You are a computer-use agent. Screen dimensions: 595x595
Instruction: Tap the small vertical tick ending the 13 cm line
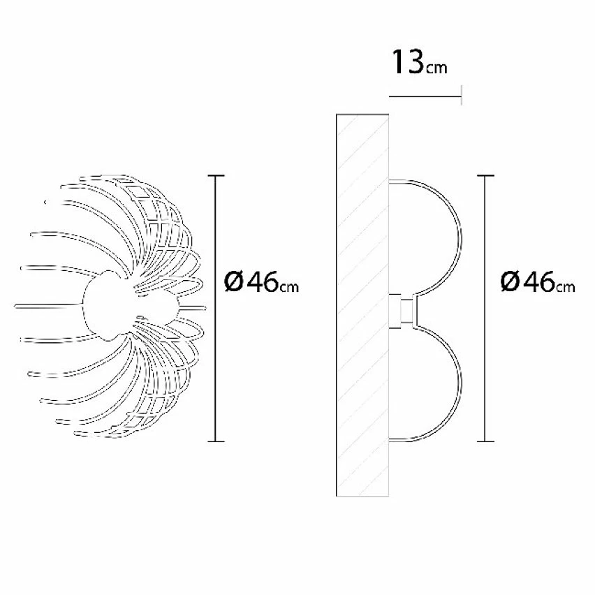pos(462,95)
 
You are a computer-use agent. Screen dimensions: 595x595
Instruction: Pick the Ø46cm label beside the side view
pos(538,282)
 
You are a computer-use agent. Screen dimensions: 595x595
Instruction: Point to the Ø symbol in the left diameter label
pos(234,282)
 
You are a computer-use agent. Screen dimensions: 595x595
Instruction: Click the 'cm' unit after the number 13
pos(436,68)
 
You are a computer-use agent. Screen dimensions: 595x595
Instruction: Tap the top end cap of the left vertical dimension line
pos(217,175)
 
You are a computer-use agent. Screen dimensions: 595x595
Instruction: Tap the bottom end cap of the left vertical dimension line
pos(217,441)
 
